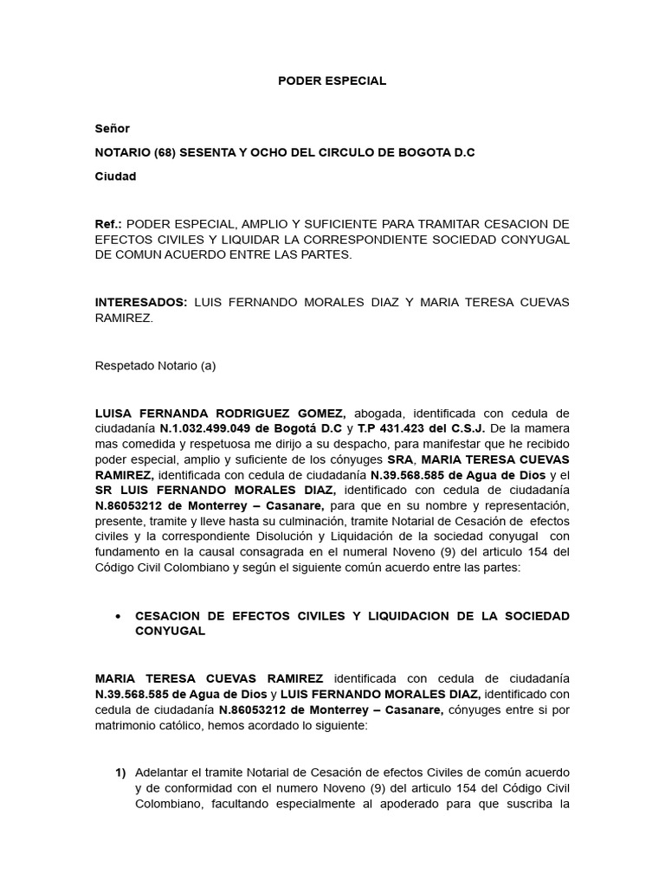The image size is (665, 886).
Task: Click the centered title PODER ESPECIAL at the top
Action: click(x=332, y=80)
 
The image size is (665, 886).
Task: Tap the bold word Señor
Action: click(x=112, y=128)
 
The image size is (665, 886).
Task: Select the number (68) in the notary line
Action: click(x=164, y=152)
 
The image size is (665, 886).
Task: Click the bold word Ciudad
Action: click(x=115, y=177)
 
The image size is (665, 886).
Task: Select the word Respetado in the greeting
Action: click(x=121, y=365)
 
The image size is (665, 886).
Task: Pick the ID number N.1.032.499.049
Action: click(x=203, y=428)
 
